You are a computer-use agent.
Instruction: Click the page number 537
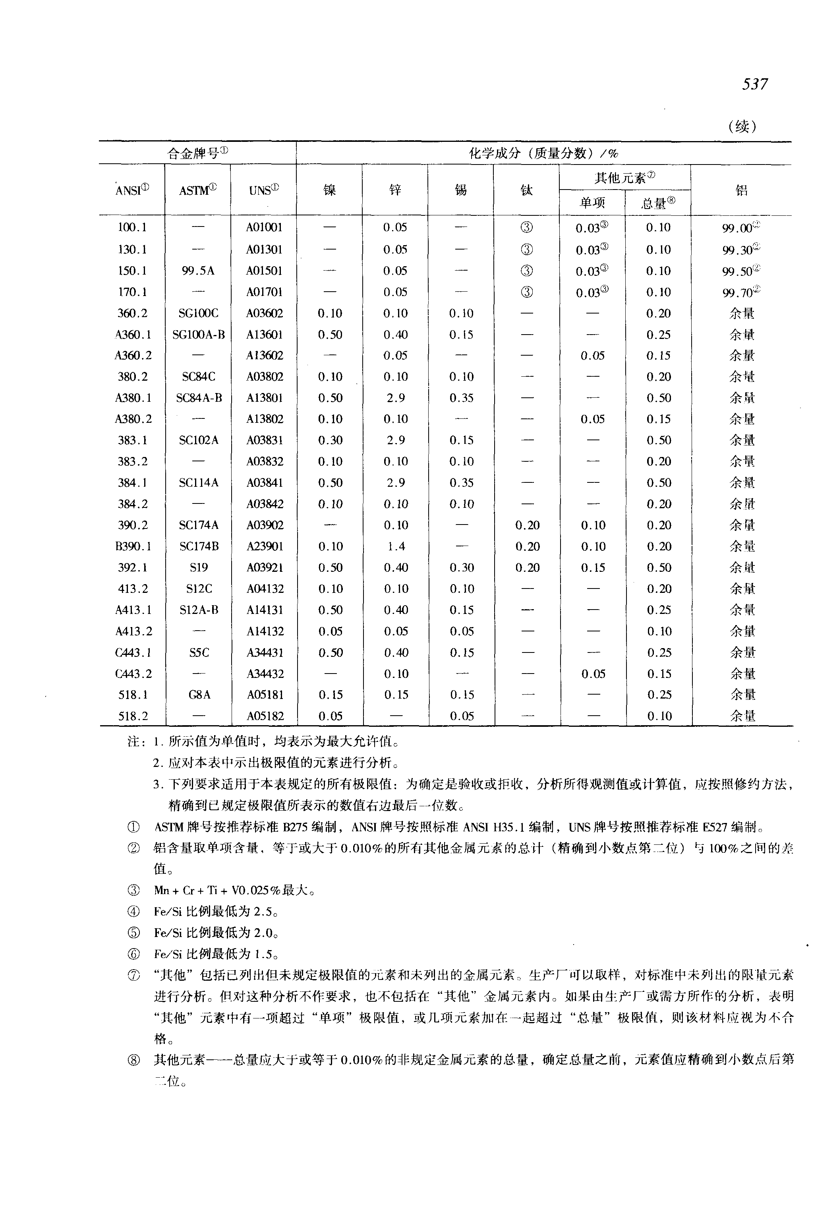tap(755, 84)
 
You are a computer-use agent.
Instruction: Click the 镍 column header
tap(330, 190)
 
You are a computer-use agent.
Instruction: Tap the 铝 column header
tap(741, 190)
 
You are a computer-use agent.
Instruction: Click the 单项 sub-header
tap(592, 203)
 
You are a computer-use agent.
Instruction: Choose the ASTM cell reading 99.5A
tap(198, 271)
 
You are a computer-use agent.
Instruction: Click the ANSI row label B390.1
tap(133, 546)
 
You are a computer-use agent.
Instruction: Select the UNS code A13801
tap(265, 398)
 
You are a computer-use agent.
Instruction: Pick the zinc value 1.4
tap(396, 546)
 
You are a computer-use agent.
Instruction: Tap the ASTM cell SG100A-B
tap(199, 335)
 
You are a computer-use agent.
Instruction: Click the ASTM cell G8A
tap(199, 695)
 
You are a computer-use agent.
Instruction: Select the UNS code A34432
tap(265, 674)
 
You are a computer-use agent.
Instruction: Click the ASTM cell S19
tap(199, 567)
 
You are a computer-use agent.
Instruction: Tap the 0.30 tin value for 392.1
tap(462, 567)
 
